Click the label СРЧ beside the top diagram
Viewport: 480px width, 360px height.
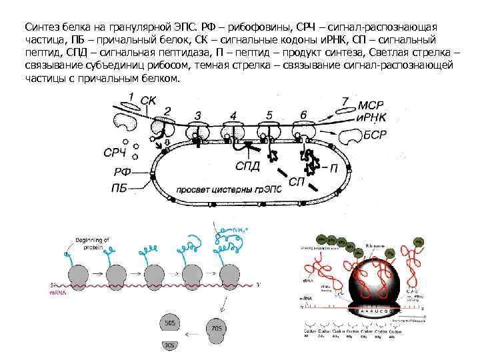tap(115, 153)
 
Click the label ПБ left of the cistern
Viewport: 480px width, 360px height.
tap(121, 188)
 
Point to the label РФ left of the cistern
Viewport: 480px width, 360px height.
tap(121, 173)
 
